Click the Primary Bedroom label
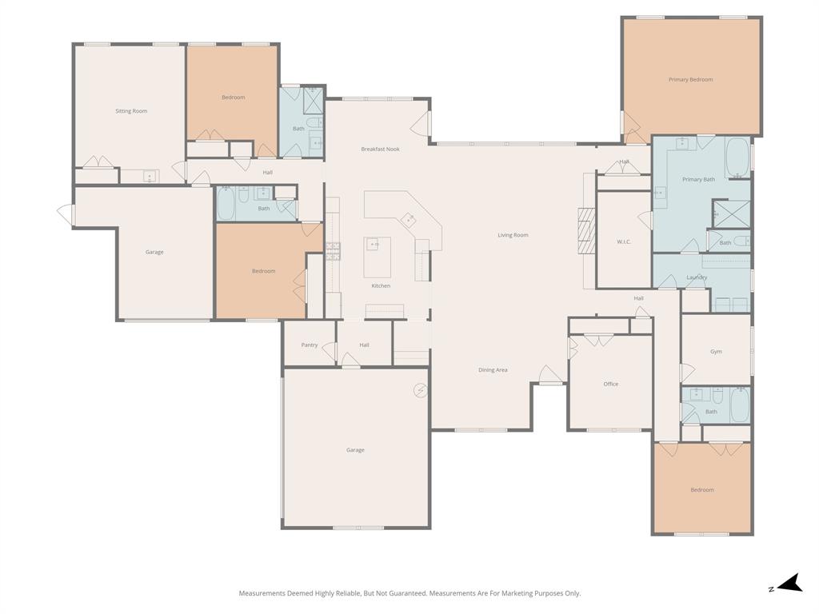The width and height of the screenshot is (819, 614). coord(690,80)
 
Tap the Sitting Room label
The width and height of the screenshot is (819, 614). coord(131,111)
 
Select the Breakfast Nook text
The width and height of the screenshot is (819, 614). coord(380,150)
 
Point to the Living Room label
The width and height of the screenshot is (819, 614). coord(513,235)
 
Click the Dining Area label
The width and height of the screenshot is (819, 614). coord(493,370)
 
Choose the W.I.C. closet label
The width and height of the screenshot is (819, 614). coord(624,241)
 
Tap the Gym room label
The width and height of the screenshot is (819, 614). coord(716,352)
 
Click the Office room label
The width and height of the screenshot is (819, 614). coord(611,385)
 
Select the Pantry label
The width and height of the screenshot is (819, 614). coord(310,345)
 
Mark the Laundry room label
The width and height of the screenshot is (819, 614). coord(697,277)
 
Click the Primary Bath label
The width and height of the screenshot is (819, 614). coord(698,180)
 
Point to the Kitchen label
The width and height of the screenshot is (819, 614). coord(381,286)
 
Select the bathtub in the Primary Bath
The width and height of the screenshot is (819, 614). coord(737,157)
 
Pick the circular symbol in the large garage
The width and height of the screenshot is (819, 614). coord(420,390)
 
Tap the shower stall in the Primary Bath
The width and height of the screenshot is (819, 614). coord(731,213)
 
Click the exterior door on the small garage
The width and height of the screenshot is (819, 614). coord(66,214)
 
